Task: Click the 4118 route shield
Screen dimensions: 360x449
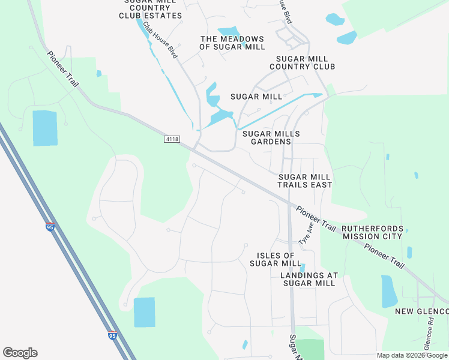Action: pyautogui.click(x=172, y=139)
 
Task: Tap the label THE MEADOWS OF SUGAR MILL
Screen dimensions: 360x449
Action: pyautogui.click(x=232, y=43)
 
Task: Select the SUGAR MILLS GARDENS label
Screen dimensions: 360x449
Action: pyautogui.click(x=271, y=137)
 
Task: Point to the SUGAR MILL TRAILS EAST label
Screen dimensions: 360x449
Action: pyautogui.click(x=304, y=181)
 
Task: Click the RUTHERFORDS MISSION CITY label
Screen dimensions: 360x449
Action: pyautogui.click(x=373, y=233)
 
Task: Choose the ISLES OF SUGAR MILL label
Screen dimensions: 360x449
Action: pyautogui.click(x=276, y=260)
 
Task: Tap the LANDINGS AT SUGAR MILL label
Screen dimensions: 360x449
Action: pyautogui.click(x=309, y=279)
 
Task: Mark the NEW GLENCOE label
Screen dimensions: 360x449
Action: pyautogui.click(x=421, y=311)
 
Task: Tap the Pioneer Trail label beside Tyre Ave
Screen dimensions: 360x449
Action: pyautogui.click(x=315, y=219)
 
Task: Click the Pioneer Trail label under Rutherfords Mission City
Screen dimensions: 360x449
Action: pyautogui.click(x=385, y=256)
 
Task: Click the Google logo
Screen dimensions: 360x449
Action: pyautogui.click(x=20, y=353)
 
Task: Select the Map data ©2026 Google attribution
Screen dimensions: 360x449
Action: pyautogui.click(x=412, y=355)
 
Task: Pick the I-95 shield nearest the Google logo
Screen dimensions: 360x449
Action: pyautogui.click(x=112, y=337)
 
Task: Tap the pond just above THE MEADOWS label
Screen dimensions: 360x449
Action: pyautogui.click(x=228, y=31)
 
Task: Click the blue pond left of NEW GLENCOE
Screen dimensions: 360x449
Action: pyautogui.click(x=389, y=290)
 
